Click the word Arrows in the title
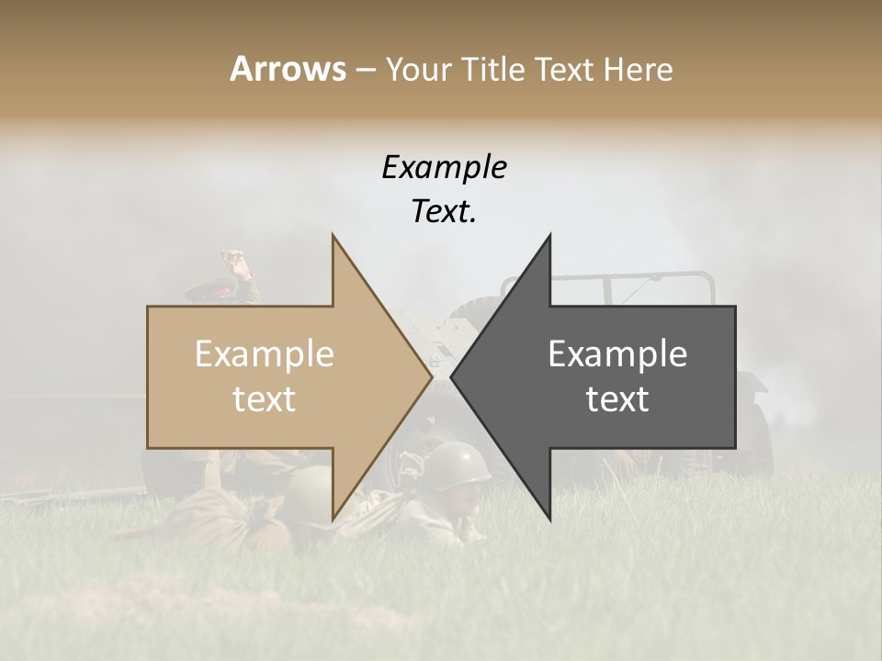(288, 69)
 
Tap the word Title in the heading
(499, 69)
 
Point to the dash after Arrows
(365, 70)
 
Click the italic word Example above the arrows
(444, 167)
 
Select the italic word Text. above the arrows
(444, 211)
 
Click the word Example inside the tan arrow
(265, 354)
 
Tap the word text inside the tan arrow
(265, 399)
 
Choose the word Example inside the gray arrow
(617, 354)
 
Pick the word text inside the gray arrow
(617, 399)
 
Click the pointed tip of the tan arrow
(431, 376)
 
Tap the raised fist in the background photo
(241, 267)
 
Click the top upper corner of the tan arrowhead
(333, 236)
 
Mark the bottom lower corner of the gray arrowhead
(550, 520)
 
